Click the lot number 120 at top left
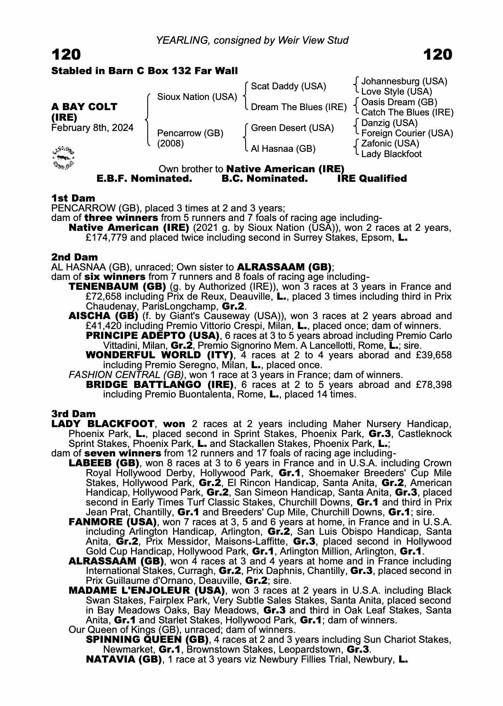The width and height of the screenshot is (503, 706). (66, 55)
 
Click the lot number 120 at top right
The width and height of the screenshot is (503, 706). (437, 55)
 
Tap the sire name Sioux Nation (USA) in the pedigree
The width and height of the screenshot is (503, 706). (197, 97)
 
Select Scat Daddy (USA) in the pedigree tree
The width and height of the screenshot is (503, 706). (288, 86)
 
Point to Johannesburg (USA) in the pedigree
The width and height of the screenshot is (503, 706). (404, 82)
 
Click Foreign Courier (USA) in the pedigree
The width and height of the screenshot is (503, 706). (407, 133)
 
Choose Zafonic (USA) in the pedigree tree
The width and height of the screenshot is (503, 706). (390, 143)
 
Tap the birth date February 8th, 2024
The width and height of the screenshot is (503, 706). (93, 127)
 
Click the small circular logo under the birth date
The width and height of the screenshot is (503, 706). (64, 157)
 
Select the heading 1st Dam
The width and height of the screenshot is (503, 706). (73, 198)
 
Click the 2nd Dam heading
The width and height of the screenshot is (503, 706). (75, 257)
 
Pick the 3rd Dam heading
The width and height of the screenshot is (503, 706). (73, 414)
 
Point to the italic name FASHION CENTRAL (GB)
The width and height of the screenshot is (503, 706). (126, 375)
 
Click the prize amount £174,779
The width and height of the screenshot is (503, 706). (106, 238)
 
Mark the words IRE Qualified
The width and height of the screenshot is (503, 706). (372, 179)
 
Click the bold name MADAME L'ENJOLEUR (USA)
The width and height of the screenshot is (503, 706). (147, 590)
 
